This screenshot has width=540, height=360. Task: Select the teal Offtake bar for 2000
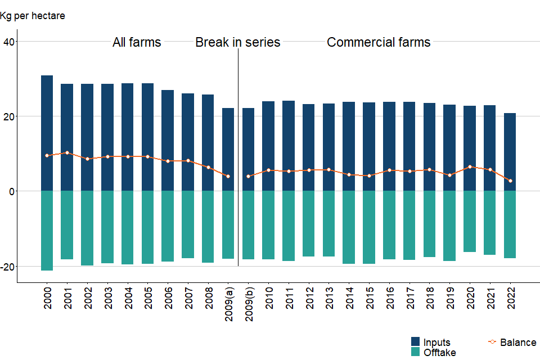47,231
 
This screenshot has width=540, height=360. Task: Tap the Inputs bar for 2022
510,152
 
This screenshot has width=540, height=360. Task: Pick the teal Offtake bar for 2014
349,227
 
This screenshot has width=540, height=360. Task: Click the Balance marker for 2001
67,152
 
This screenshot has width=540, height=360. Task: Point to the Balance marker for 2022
510,181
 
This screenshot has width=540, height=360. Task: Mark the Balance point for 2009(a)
228,176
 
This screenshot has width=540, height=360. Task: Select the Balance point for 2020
470,166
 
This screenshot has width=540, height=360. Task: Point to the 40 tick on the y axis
10,41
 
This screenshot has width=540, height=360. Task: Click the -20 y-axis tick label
8,266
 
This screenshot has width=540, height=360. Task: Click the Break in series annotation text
237,42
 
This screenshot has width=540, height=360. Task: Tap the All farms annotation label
137,42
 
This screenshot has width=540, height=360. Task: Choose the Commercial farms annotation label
379,42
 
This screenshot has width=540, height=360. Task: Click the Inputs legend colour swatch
416,342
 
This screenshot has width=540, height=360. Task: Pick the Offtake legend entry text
439,353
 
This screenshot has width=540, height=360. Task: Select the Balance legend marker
492,342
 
